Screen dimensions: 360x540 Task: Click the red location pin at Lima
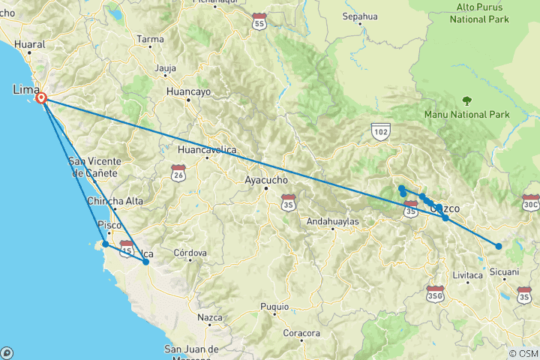click(42, 98)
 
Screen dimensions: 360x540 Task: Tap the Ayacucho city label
click(266, 180)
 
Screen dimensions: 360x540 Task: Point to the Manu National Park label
click(466, 114)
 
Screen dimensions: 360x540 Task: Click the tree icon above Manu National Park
click(466, 99)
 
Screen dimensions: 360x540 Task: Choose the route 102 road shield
click(380, 131)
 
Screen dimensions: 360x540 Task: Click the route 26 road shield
click(178, 174)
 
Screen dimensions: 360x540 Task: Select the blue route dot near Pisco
click(106, 244)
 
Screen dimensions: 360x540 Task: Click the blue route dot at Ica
click(145, 262)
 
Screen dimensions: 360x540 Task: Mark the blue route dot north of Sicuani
click(499, 246)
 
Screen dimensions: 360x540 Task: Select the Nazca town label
click(210, 317)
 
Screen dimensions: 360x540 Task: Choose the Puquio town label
click(274, 305)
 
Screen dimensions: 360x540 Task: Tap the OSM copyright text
click(523, 353)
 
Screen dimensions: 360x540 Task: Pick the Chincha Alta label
click(115, 200)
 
